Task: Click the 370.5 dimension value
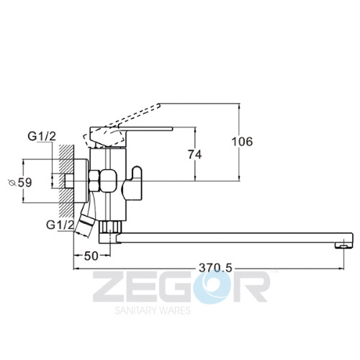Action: click(215, 268)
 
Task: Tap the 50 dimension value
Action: click(91, 256)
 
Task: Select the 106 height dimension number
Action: click(242, 142)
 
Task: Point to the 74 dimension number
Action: click(195, 155)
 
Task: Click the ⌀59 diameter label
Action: click(20, 183)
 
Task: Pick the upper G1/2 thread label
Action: click(42, 137)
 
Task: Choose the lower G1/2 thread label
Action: click(60, 225)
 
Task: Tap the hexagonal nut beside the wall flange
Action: click(94, 181)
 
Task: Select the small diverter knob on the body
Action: click(132, 183)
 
